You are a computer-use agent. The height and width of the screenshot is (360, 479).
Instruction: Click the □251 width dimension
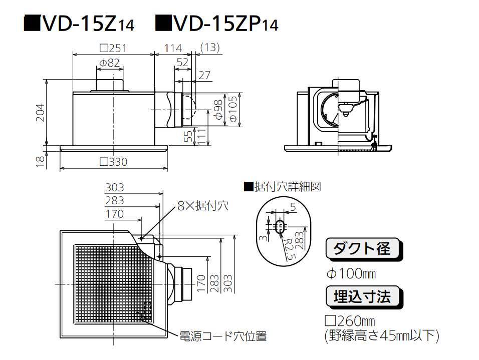[x=113, y=49]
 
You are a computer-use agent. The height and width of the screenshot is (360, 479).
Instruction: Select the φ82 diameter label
[x=109, y=64]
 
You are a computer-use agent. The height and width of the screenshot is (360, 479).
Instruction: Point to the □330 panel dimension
[x=113, y=162]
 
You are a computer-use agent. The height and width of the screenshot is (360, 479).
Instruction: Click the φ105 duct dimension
[x=232, y=111]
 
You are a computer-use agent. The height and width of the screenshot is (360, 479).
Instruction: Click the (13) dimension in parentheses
[x=210, y=48]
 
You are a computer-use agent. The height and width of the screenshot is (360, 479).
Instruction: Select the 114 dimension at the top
[x=173, y=49]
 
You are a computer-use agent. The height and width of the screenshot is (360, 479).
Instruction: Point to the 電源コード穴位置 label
[x=223, y=336]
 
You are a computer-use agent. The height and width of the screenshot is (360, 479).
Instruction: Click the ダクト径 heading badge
[x=364, y=249]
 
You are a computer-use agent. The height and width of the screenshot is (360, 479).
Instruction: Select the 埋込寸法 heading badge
[x=363, y=297]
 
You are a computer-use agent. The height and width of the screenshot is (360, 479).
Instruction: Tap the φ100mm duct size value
[x=351, y=274]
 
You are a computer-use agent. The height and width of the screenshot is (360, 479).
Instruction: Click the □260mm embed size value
[x=351, y=321]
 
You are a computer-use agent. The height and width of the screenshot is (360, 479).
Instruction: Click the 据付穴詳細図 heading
[x=282, y=187]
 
